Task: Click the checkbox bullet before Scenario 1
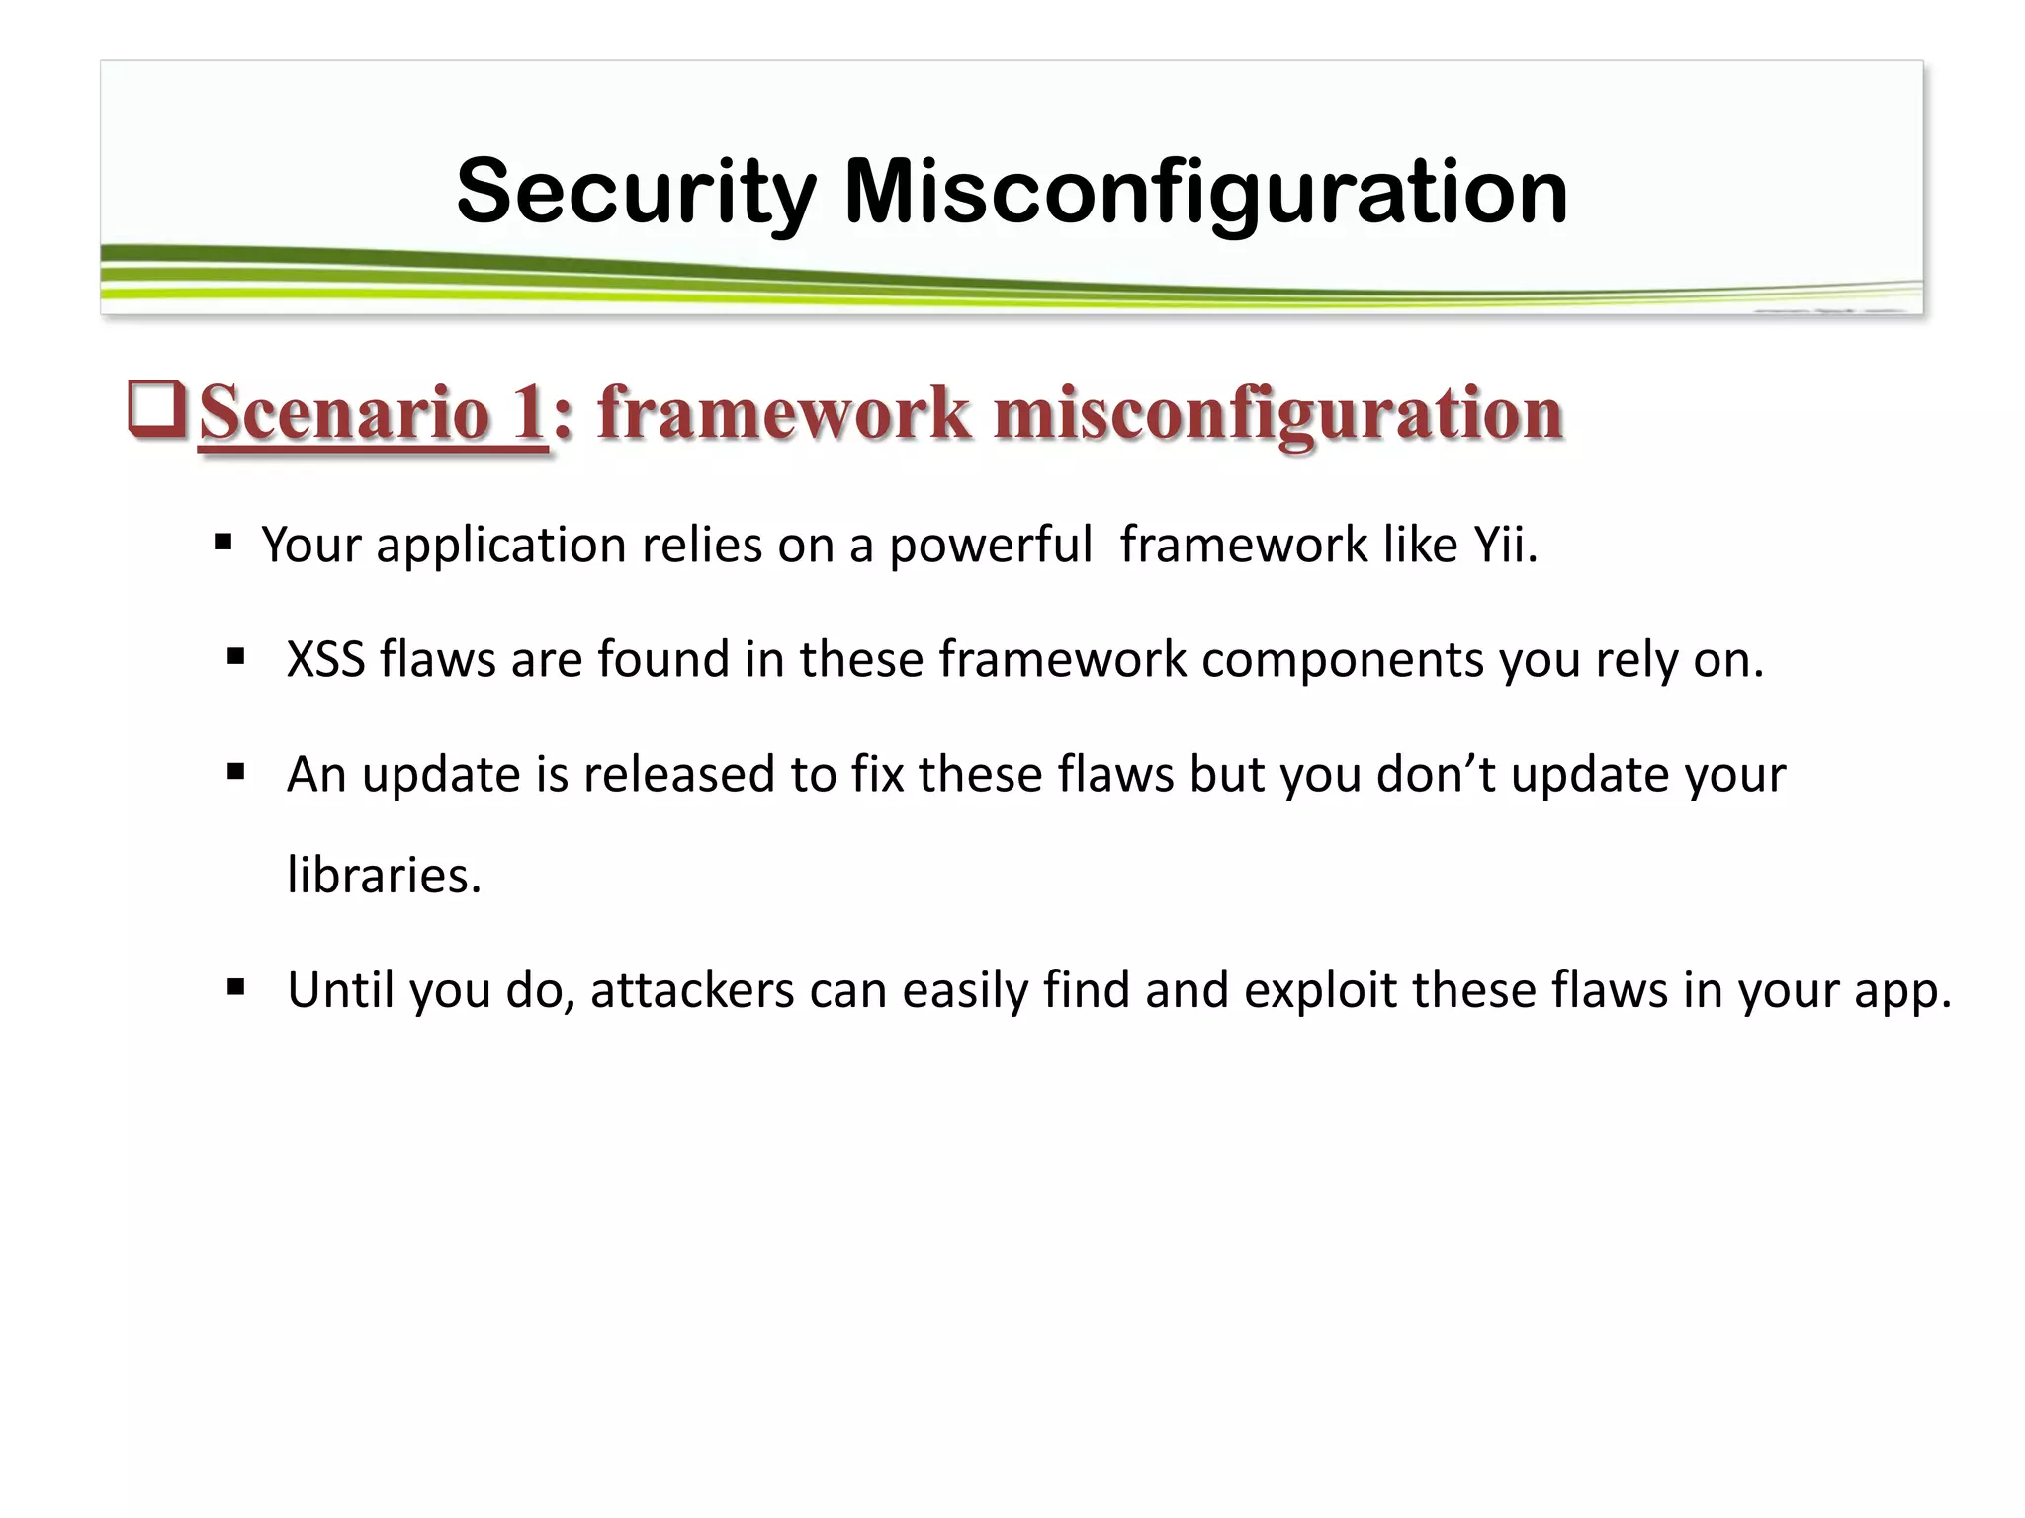point(156,412)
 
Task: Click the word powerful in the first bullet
point(990,545)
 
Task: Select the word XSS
point(325,659)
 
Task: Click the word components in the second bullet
point(1342,659)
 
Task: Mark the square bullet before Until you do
point(235,986)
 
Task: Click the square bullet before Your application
point(222,542)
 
